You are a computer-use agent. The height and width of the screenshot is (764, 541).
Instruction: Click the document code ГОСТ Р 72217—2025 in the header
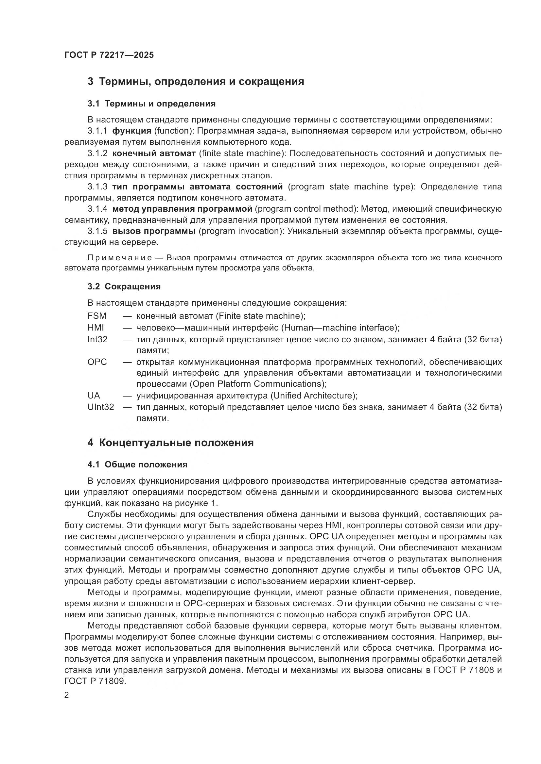tap(109, 55)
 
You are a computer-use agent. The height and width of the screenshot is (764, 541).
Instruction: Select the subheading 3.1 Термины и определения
tap(151, 104)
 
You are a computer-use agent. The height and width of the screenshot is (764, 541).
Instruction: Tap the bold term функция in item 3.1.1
tap(131, 131)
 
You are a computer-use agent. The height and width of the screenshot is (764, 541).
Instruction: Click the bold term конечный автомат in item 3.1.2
tap(154, 153)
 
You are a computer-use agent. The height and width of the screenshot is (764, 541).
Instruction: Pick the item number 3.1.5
tap(97, 231)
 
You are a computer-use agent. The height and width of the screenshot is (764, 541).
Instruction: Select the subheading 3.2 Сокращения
tap(124, 286)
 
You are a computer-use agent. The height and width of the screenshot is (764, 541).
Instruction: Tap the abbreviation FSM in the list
tap(96, 316)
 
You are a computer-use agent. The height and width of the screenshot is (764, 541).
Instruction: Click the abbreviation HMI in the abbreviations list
tap(96, 328)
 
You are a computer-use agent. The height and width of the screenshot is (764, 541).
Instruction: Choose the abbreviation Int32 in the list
tap(97, 339)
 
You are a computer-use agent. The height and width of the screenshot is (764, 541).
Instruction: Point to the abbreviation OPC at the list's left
tap(97, 362)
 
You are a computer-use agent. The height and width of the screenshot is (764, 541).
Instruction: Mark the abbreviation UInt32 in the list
tap(101, 407)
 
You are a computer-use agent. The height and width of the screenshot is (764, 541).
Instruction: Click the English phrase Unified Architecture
tap(312, 396)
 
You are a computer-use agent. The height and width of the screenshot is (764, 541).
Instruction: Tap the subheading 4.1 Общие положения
tap(137, 464)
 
